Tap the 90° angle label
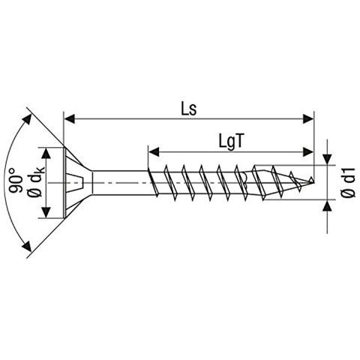click(16, 181)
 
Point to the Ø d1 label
click(346, 183)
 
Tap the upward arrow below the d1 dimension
click(327, 204)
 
